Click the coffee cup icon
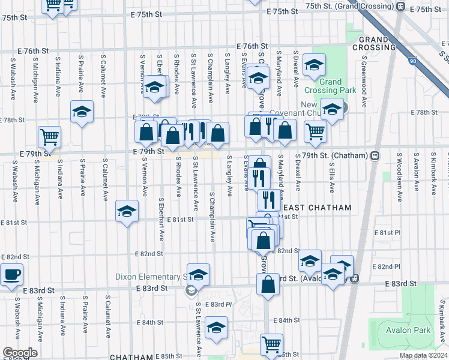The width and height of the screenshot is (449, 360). coord(12,275)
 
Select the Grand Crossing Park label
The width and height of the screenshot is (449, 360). coord(330,86)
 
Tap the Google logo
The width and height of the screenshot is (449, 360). coord(20,352)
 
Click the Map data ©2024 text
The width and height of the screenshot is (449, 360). coord(423,355)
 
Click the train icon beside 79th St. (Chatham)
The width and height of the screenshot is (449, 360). coord(375,156)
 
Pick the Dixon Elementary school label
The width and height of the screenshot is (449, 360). coord(150,278)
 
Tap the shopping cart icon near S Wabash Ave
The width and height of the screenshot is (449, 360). coord(49,136)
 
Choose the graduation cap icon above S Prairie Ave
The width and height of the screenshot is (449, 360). coord(82,112)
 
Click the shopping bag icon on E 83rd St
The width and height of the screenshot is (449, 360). coord(268,283)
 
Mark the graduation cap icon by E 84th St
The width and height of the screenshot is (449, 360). coord(216,328)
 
